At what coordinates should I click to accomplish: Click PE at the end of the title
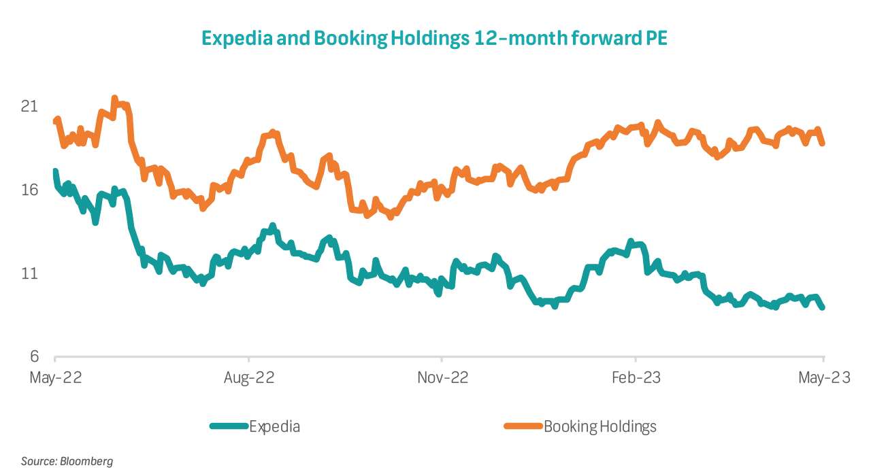pos(655,39)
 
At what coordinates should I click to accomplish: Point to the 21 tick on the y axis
pos(29,107)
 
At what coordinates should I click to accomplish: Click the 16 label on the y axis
pos(29,190)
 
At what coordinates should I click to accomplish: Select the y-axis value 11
pos(29,273)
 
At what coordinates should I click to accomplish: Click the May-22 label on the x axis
pos(56,378)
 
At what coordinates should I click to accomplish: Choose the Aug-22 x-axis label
pos(249,378)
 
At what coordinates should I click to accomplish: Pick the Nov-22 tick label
pos(442,378)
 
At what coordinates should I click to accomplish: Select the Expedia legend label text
pos(274,427)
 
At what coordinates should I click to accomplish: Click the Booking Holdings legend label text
pos(600,427)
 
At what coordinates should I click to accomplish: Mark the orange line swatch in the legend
pos(523,427)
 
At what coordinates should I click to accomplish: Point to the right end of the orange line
pos(823,143)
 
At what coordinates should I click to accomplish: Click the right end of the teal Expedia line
pos(823,307)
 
